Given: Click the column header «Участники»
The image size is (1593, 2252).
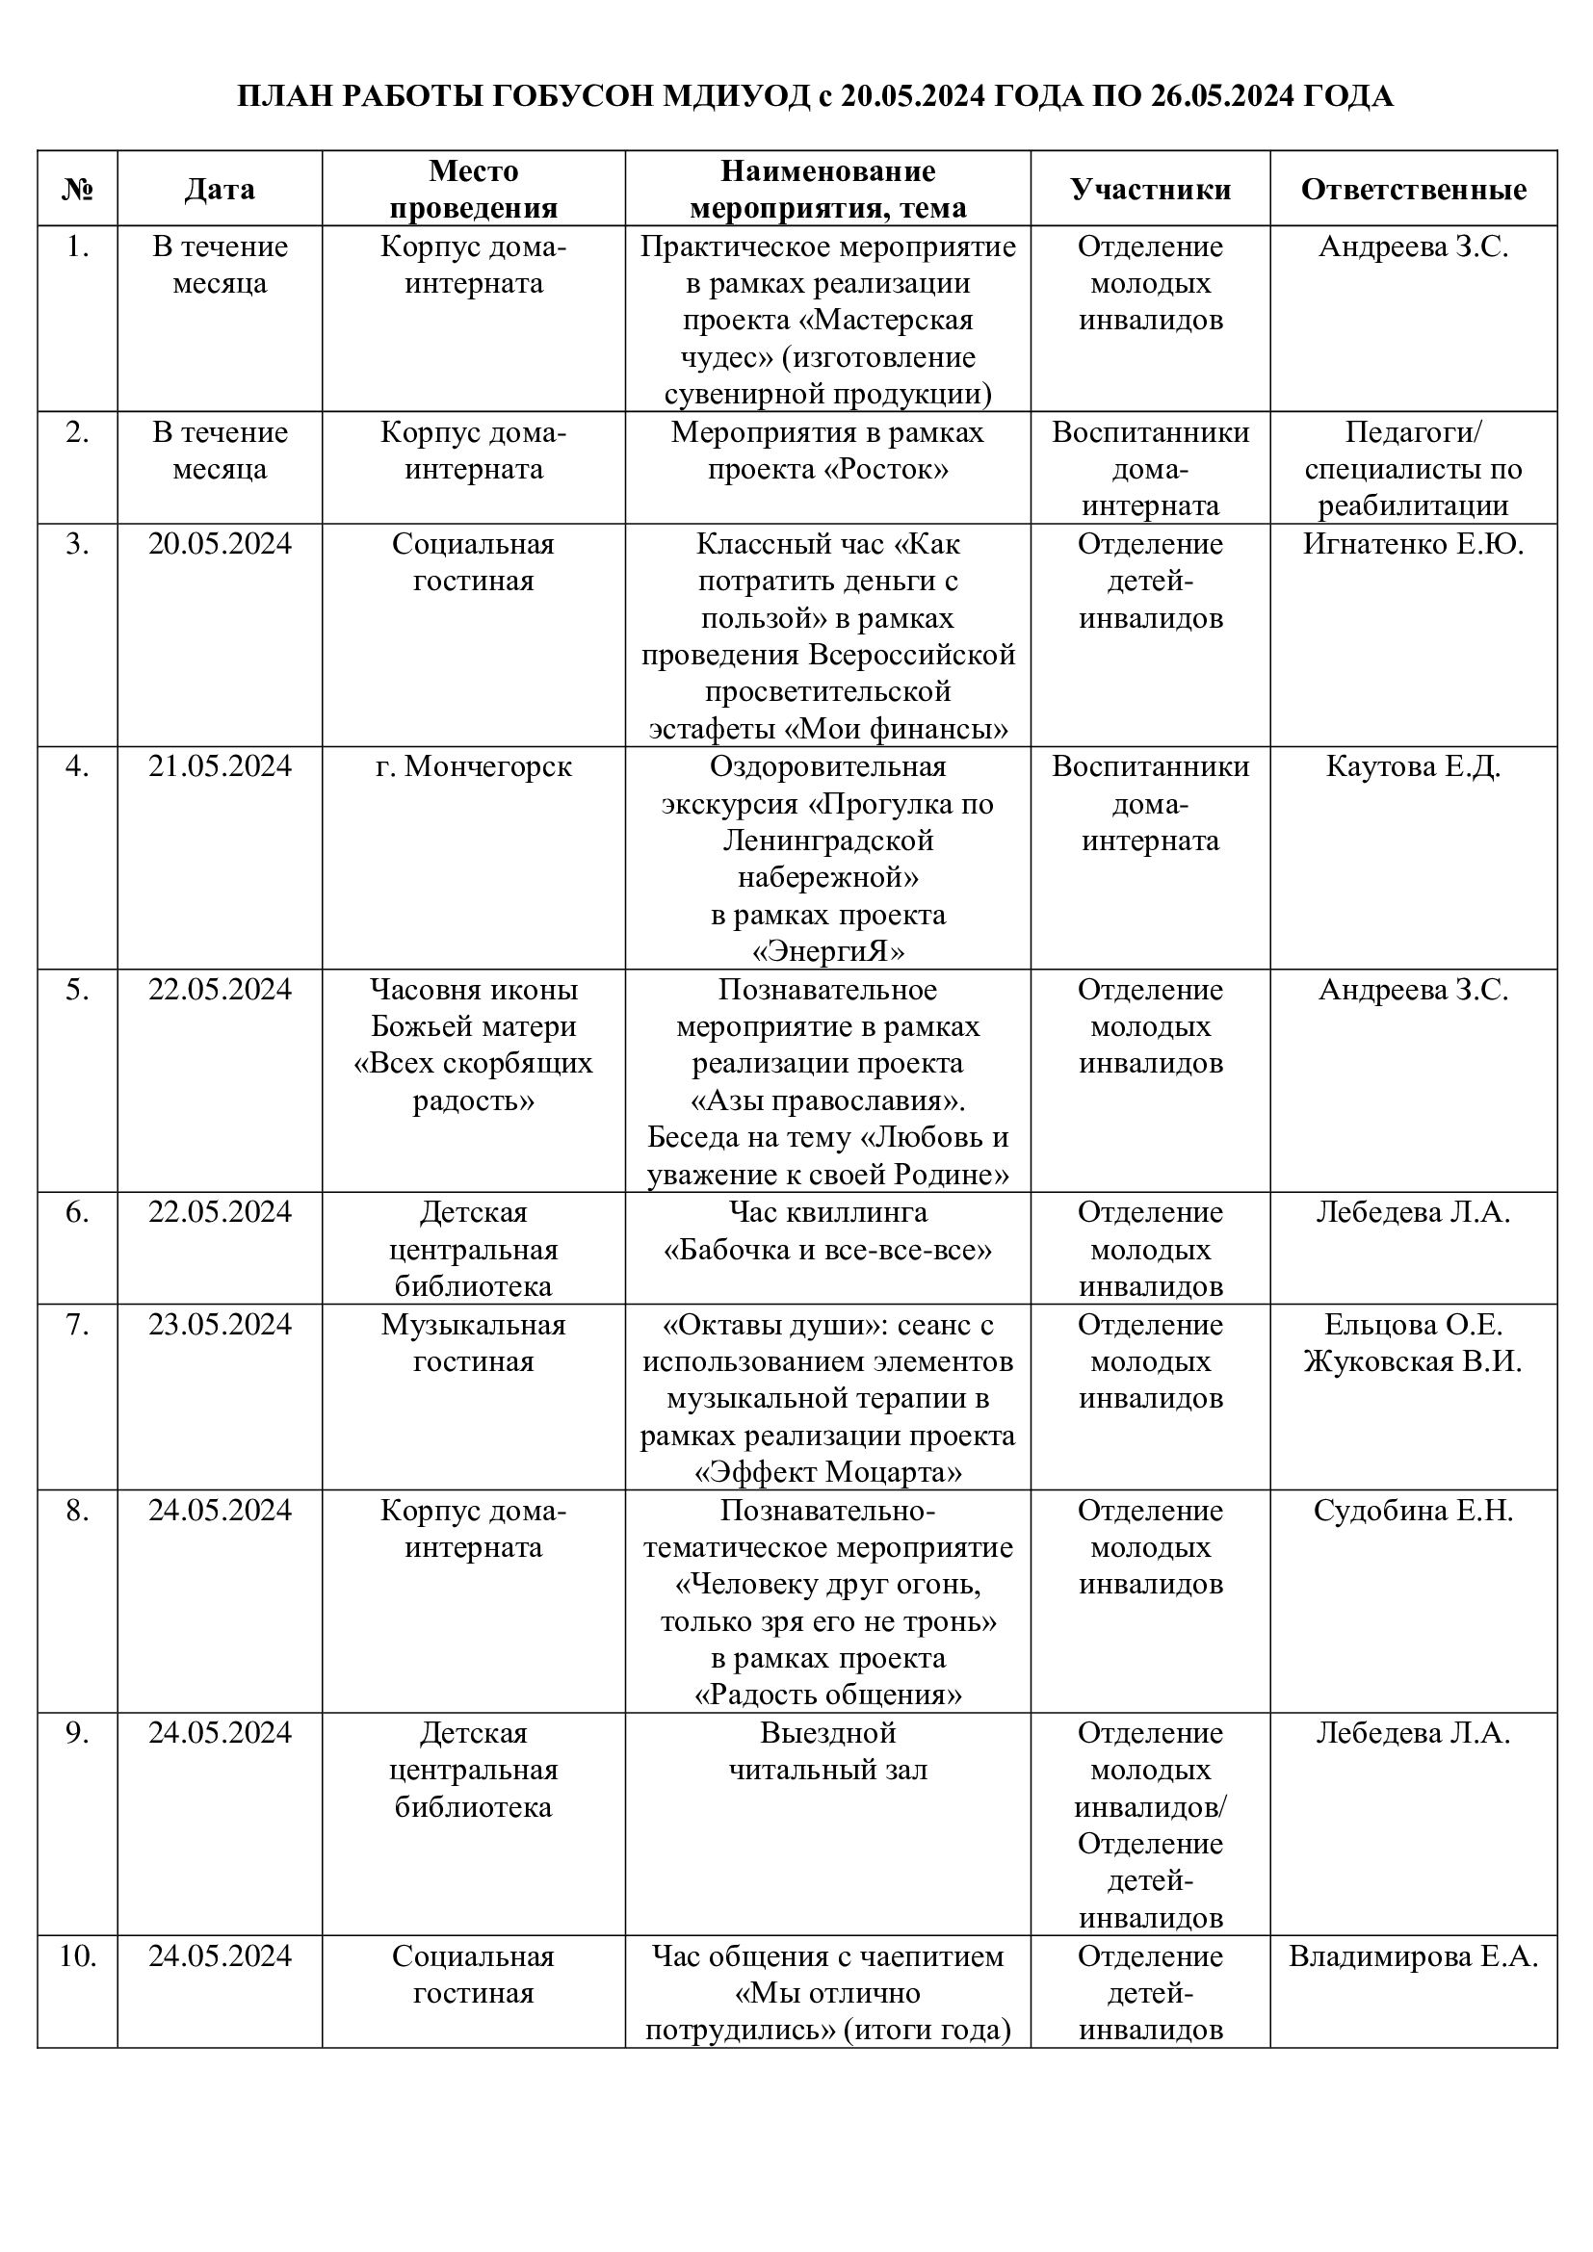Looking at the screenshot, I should [x=1150, y=190].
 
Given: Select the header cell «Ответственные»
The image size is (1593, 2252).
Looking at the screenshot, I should [x=1413, y=190].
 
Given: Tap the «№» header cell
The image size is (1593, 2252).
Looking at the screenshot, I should [x=77, y=190].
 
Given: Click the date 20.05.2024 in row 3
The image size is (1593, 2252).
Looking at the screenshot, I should [x=220, y=544].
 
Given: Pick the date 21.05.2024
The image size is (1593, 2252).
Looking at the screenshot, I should [x=220, y=766].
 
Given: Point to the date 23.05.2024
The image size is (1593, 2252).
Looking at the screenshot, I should [x=220, y=1325].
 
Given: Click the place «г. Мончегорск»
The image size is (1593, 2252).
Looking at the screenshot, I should [x=473, y=766].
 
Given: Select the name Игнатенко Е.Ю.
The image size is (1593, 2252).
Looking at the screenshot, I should [x=1413, y=544].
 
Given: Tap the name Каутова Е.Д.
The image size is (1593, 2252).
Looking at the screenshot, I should [x=1413, y=766].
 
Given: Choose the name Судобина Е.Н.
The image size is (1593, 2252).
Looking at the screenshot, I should [x=1413, y=1511].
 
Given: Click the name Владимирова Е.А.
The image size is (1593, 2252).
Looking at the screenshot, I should [x=1413, y=1956].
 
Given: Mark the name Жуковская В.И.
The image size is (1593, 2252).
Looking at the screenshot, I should [x=1413, y=1361].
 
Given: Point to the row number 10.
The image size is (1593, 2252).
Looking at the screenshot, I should [x=77, y=1956].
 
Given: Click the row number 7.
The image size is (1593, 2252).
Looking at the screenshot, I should [x=77, y=1325].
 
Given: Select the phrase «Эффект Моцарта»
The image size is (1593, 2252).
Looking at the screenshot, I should [x=828, y=1473].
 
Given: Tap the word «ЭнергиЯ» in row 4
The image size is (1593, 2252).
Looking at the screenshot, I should [x=828, y=952].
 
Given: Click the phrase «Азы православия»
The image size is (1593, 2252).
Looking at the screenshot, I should [x=828, y=1100].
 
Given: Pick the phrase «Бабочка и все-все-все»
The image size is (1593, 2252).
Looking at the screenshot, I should [x=828, y=1251].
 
